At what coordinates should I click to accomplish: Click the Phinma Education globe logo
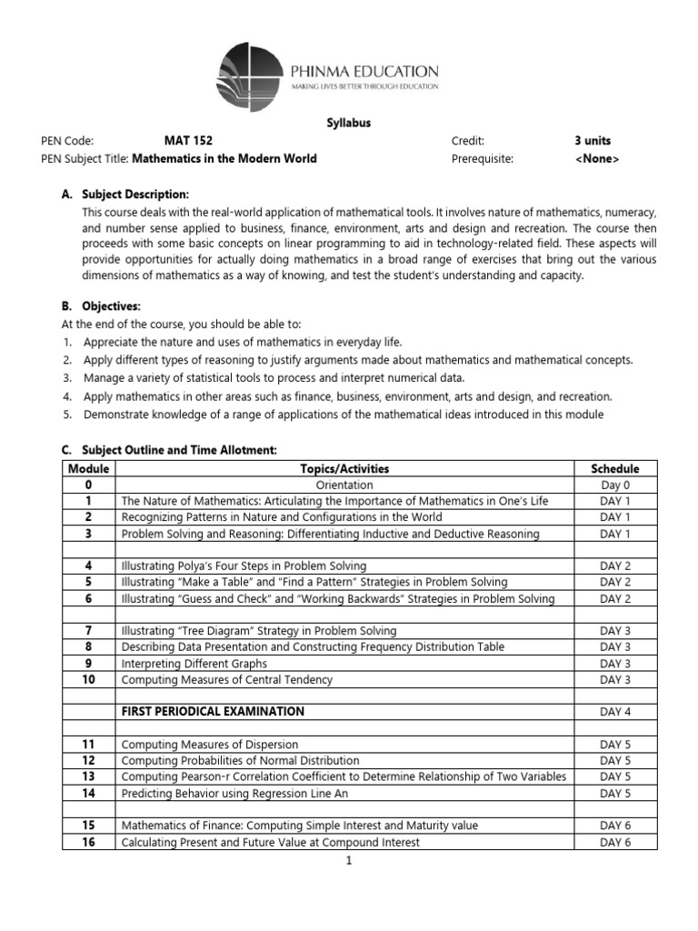(249, 73)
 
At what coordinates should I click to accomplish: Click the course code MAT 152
(190, 141)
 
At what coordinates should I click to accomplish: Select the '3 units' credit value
(593, 141)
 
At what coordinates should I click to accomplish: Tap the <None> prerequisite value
(597, 158)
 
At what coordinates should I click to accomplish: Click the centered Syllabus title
(349, 123)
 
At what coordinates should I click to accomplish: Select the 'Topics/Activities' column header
(344, 469)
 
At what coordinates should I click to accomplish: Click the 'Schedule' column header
(615, 469)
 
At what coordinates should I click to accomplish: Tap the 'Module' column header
(89, 469)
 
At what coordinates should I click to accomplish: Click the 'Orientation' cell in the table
(344, 486)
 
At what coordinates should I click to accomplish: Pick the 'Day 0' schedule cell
(615, 486)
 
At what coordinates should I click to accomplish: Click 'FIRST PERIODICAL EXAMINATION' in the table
(213, 711)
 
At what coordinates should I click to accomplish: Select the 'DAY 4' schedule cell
(615, 711)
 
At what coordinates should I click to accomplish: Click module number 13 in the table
(89, 776)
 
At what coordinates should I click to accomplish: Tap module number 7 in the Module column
(89, 630)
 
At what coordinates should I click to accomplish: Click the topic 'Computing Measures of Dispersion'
(210, 745)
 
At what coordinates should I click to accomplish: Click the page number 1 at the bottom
(348, 860)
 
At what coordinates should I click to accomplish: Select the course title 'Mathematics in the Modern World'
(224, 158)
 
